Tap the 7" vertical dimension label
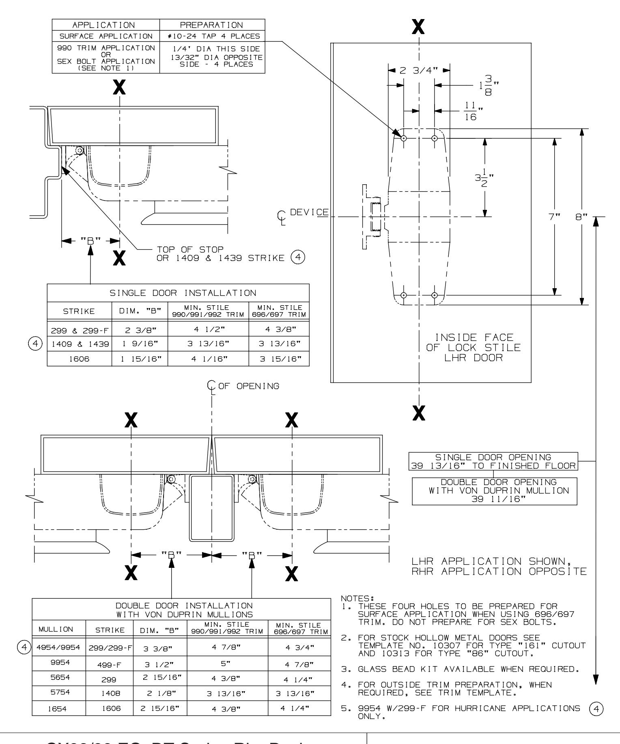(x=555, y=217)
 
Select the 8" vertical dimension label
(x=581, y=217)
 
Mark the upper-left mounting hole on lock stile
(x=404, y=138)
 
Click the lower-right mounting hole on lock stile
(x=435, y=295)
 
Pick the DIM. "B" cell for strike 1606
(x=140, y=359)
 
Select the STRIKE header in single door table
(x=80, y=311)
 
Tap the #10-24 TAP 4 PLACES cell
(x=213, y=36)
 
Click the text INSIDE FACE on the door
(x=474, y=337)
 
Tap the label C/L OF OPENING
(x=243, y=386)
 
